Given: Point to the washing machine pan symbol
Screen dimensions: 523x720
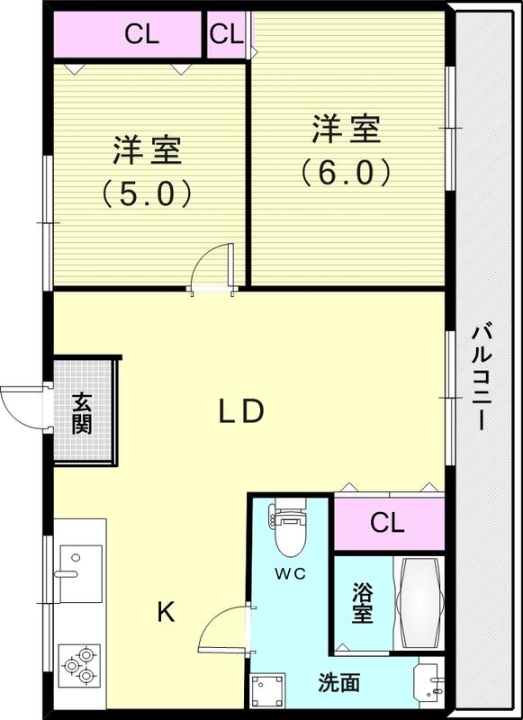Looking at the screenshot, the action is tap(268, 689).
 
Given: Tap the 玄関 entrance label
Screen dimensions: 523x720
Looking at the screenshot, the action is tap(82, 413).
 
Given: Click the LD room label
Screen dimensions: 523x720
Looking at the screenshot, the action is tap(241, 411).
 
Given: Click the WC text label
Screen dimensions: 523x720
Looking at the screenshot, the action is tap(290, 573).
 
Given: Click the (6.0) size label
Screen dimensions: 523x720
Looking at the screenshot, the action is tap(346, 172).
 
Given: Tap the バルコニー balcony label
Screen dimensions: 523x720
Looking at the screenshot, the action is tap(482, 377).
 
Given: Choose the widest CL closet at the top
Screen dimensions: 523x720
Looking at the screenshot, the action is tap(127, 34).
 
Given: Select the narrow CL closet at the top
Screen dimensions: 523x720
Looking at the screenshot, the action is tap(226, 34).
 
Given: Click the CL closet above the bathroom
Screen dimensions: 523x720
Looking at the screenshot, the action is tap(389, 524).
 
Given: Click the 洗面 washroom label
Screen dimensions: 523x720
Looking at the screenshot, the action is tap(338, 683).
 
